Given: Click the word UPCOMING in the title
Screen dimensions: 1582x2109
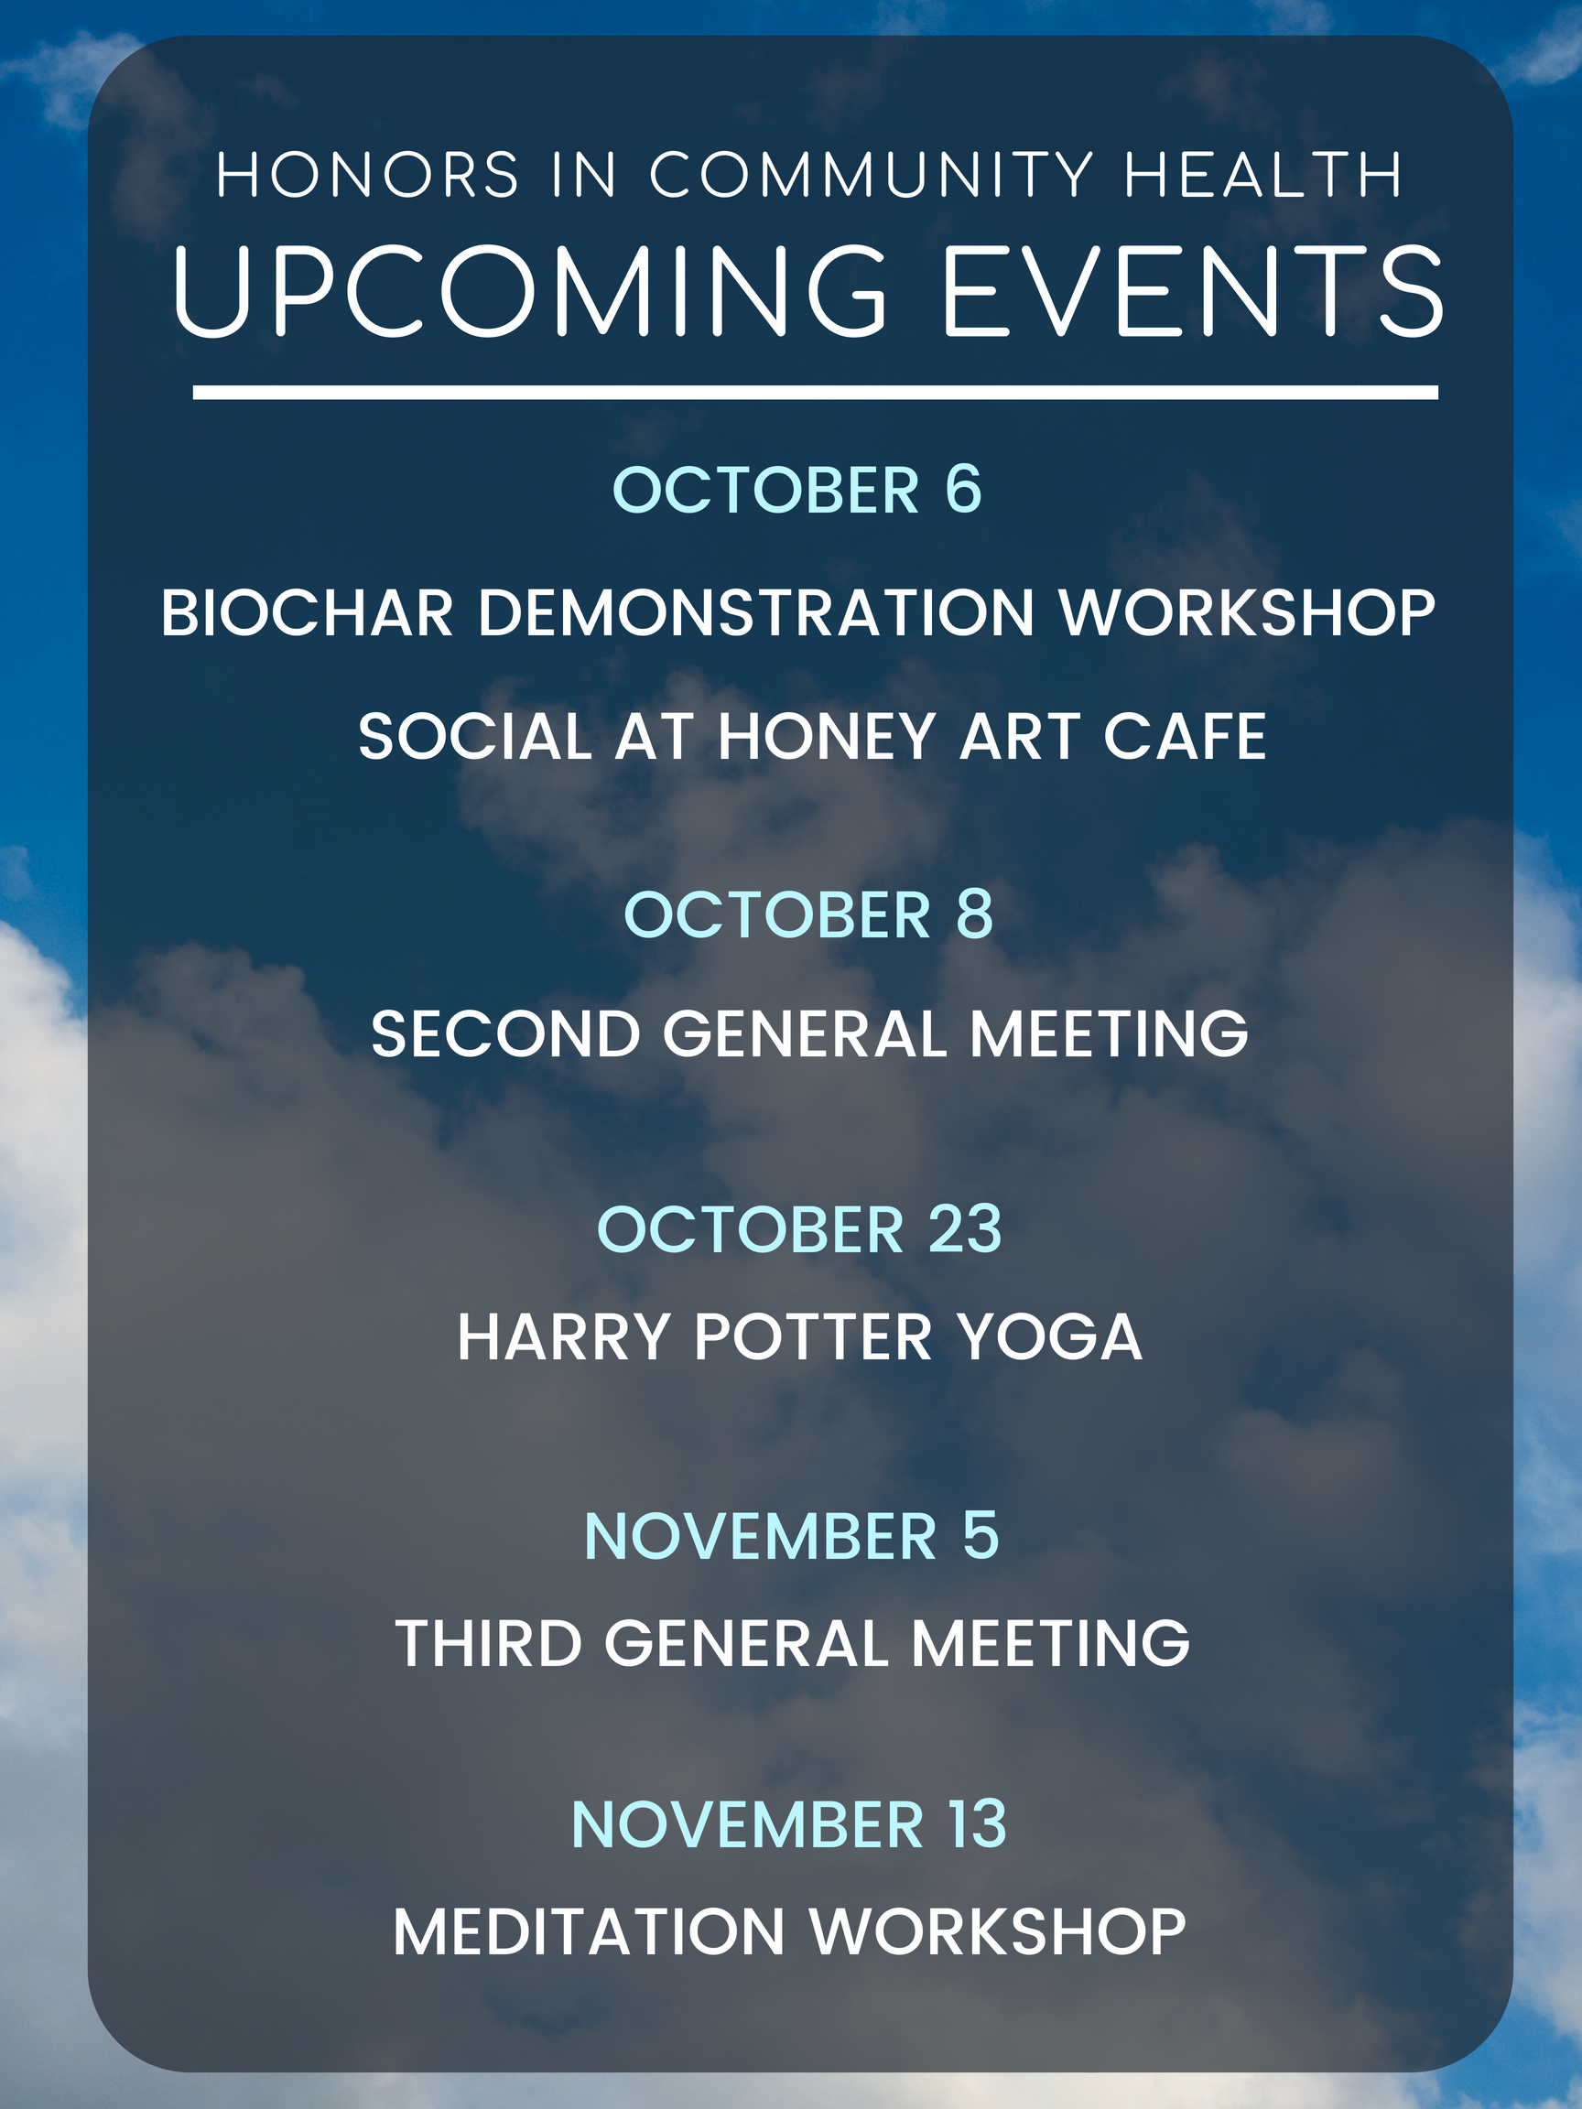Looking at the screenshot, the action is pyautogui.click(x=530, y=290).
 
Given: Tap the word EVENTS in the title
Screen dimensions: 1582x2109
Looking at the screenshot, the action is pyautogui.click(x=1193, y=290).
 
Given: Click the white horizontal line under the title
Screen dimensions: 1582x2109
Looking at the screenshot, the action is pyautogui.click(x=816, y=393).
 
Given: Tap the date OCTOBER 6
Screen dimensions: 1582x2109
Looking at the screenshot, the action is pyautogui.click(x=797, y=490).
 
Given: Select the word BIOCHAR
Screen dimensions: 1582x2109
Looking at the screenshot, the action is pyautogui.click(x=307, y=612).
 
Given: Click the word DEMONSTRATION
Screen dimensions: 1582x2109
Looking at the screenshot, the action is pyautogui.click(x=756, y=612).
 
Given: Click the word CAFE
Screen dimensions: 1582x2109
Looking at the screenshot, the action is pyautogui.click(x=1185, y=736).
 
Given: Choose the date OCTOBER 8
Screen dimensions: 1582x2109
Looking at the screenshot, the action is pyautogui.click(x=808, y=914).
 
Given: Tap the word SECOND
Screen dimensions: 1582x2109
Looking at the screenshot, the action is pyautogui.click(x=505, y=1034).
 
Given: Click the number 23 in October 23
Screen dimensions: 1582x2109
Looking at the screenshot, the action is pyautogui.click(x=965, y=1229).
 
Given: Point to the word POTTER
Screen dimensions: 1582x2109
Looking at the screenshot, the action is pyautogui.click(x=813, y=1336).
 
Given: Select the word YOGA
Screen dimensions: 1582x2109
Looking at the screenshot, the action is pyautogui.click(x=1050, y=1336).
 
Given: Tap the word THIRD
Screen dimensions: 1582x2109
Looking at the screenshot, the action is pyautogui.click(x=489, y=1644).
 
